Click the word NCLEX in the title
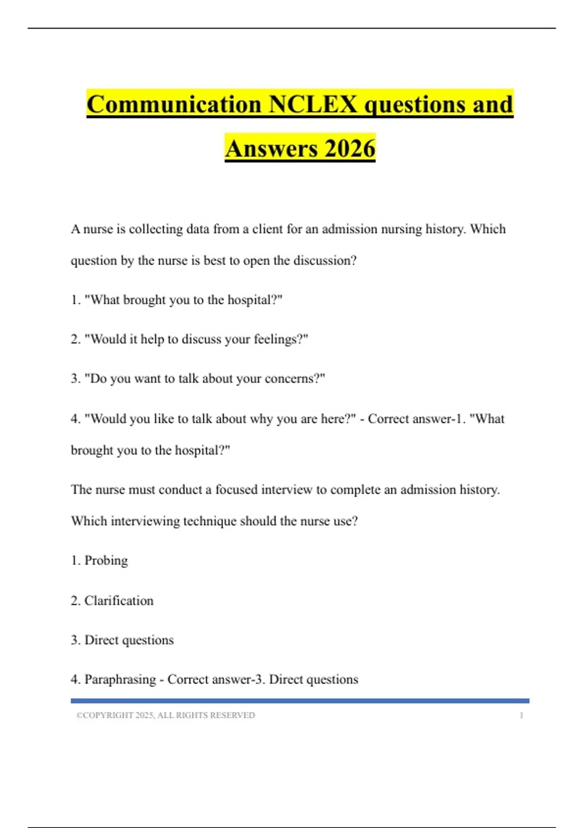tap(313, 104)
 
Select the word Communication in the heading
tap(174, 104)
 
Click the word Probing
tap(106, 561)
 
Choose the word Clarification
tap(119, 601)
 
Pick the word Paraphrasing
tap(120, 679)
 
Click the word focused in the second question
tap(236, 489)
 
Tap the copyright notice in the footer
tap(165, 715)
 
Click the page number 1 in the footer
tap(521, 715)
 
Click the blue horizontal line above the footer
tap(300, 701)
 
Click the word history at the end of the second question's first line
tap(479, 489)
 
